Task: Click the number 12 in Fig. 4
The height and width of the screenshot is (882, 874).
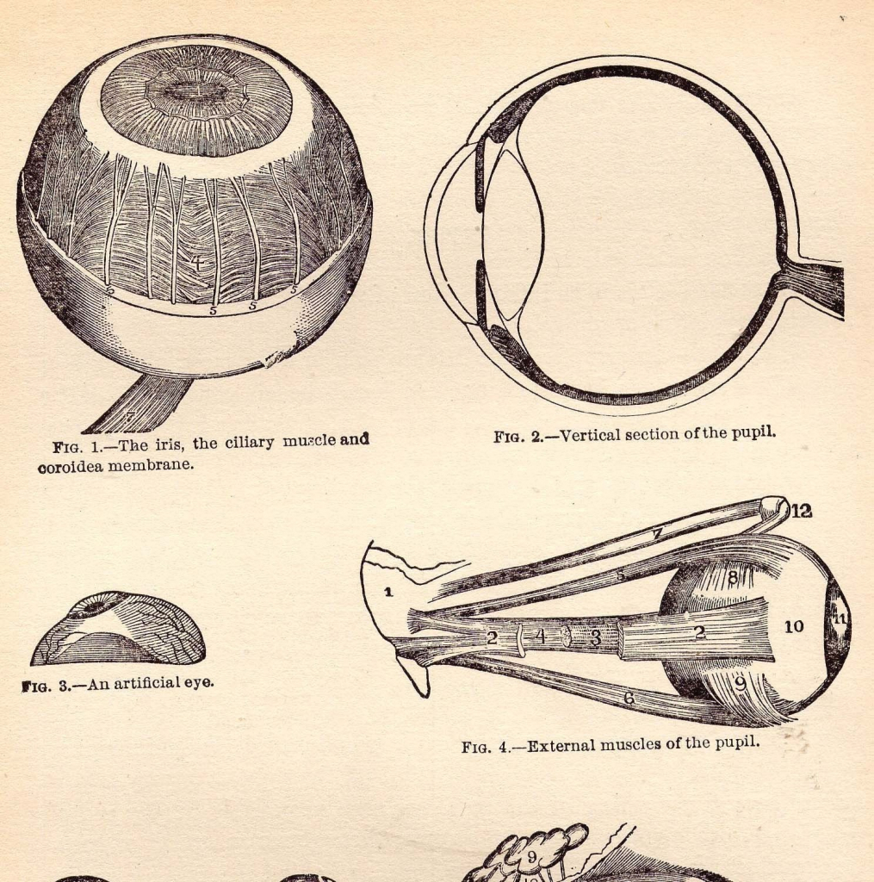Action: (801, 511)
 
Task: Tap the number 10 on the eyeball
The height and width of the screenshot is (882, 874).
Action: (793, 626)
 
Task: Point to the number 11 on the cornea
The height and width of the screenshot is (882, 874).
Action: (839, 618)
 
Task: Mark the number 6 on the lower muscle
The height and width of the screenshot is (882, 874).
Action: (629, 698)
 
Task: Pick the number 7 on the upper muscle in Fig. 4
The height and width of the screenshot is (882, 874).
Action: (656, 534)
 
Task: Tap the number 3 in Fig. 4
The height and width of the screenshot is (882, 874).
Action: (595, 639)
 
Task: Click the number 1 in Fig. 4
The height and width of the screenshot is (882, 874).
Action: (387, 592)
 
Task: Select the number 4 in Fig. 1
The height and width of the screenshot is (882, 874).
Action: (197, 261)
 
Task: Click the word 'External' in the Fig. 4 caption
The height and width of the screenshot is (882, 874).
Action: (561, 745)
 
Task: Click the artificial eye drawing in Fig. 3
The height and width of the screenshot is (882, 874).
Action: (118, 630)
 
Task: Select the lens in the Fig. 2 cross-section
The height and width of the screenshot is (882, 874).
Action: (513, 233)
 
